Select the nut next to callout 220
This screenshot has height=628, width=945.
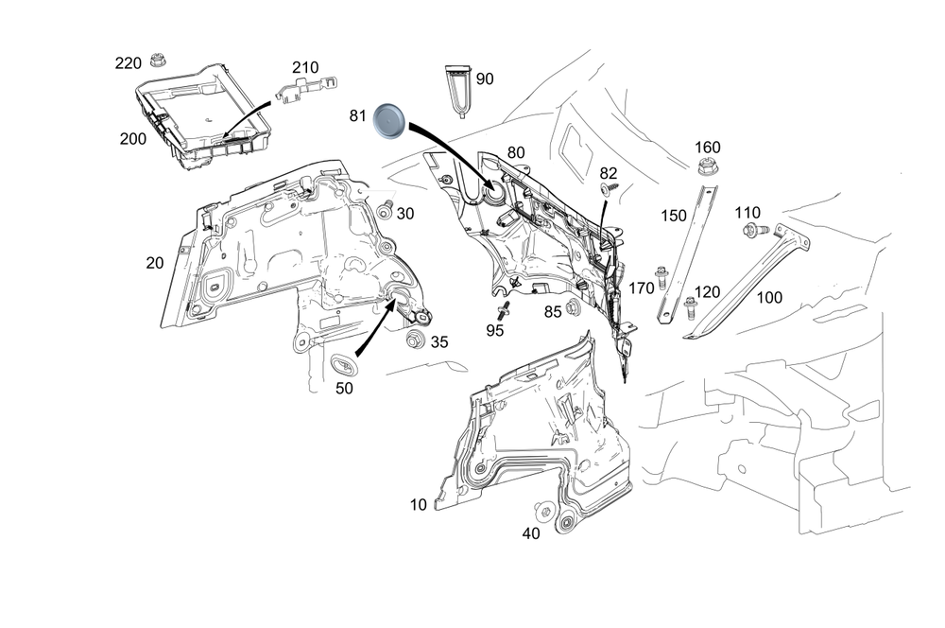[x=156, y=63]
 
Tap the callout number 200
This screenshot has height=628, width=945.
[x=133, y=138]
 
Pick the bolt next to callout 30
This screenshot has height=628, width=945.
[x=386, y=210]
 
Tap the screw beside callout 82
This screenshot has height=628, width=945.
[x=606, y=191]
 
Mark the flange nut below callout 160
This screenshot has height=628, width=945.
[x=706, y=169]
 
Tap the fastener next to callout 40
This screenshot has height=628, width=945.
[x=545, y=511]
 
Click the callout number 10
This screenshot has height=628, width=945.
[x=419, y=505]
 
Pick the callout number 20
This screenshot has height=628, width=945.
[x=155, y=264]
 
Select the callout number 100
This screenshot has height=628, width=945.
[x=770, y=298]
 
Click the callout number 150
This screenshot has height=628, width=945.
[x=673, y=216]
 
